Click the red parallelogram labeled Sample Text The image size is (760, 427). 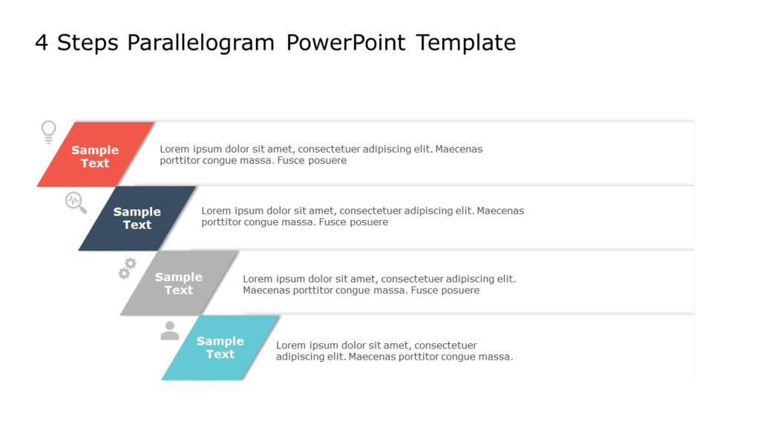95,155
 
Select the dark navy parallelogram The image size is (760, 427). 137,218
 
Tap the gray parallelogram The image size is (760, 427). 179,283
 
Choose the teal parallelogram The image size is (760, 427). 220,348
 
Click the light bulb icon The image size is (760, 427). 48,132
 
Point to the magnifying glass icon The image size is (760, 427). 76,202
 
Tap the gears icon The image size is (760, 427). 128,268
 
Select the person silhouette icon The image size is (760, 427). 170,331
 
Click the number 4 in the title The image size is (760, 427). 42,43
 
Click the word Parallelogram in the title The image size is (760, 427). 200,43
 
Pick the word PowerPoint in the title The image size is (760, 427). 346,43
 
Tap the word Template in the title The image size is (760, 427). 466,43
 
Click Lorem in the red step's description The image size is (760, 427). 174,149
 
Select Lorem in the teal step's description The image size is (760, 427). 291,345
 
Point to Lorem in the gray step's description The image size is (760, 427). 258,279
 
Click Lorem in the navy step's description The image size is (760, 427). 216,211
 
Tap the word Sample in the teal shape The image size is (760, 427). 220,341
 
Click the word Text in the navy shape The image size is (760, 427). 137,225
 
